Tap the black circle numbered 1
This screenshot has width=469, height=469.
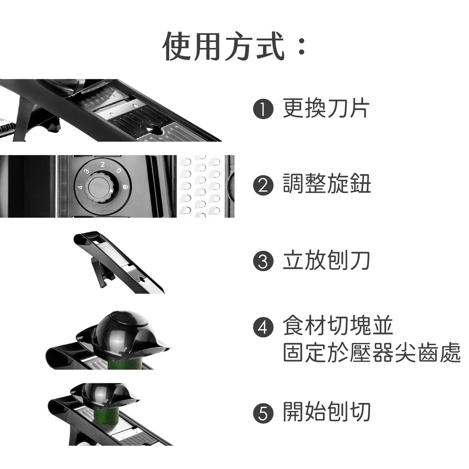coord(263,109)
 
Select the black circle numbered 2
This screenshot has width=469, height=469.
coord(263,185)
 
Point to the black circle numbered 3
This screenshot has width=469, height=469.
coord(263,261)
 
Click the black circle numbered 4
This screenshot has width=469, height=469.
coord(263,327)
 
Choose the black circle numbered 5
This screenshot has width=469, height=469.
coord(263,413)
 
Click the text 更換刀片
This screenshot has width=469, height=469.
coord(326,108)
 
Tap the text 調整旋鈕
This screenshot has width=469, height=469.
coord(327,184)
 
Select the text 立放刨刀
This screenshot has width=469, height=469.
coord(326,260)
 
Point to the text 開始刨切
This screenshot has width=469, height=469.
coord(327,412)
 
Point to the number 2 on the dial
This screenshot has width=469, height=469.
coord(103,164)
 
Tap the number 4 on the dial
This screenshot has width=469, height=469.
coord(80,187)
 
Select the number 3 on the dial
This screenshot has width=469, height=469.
coord(87,171)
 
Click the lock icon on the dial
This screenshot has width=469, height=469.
coord(126,187)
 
